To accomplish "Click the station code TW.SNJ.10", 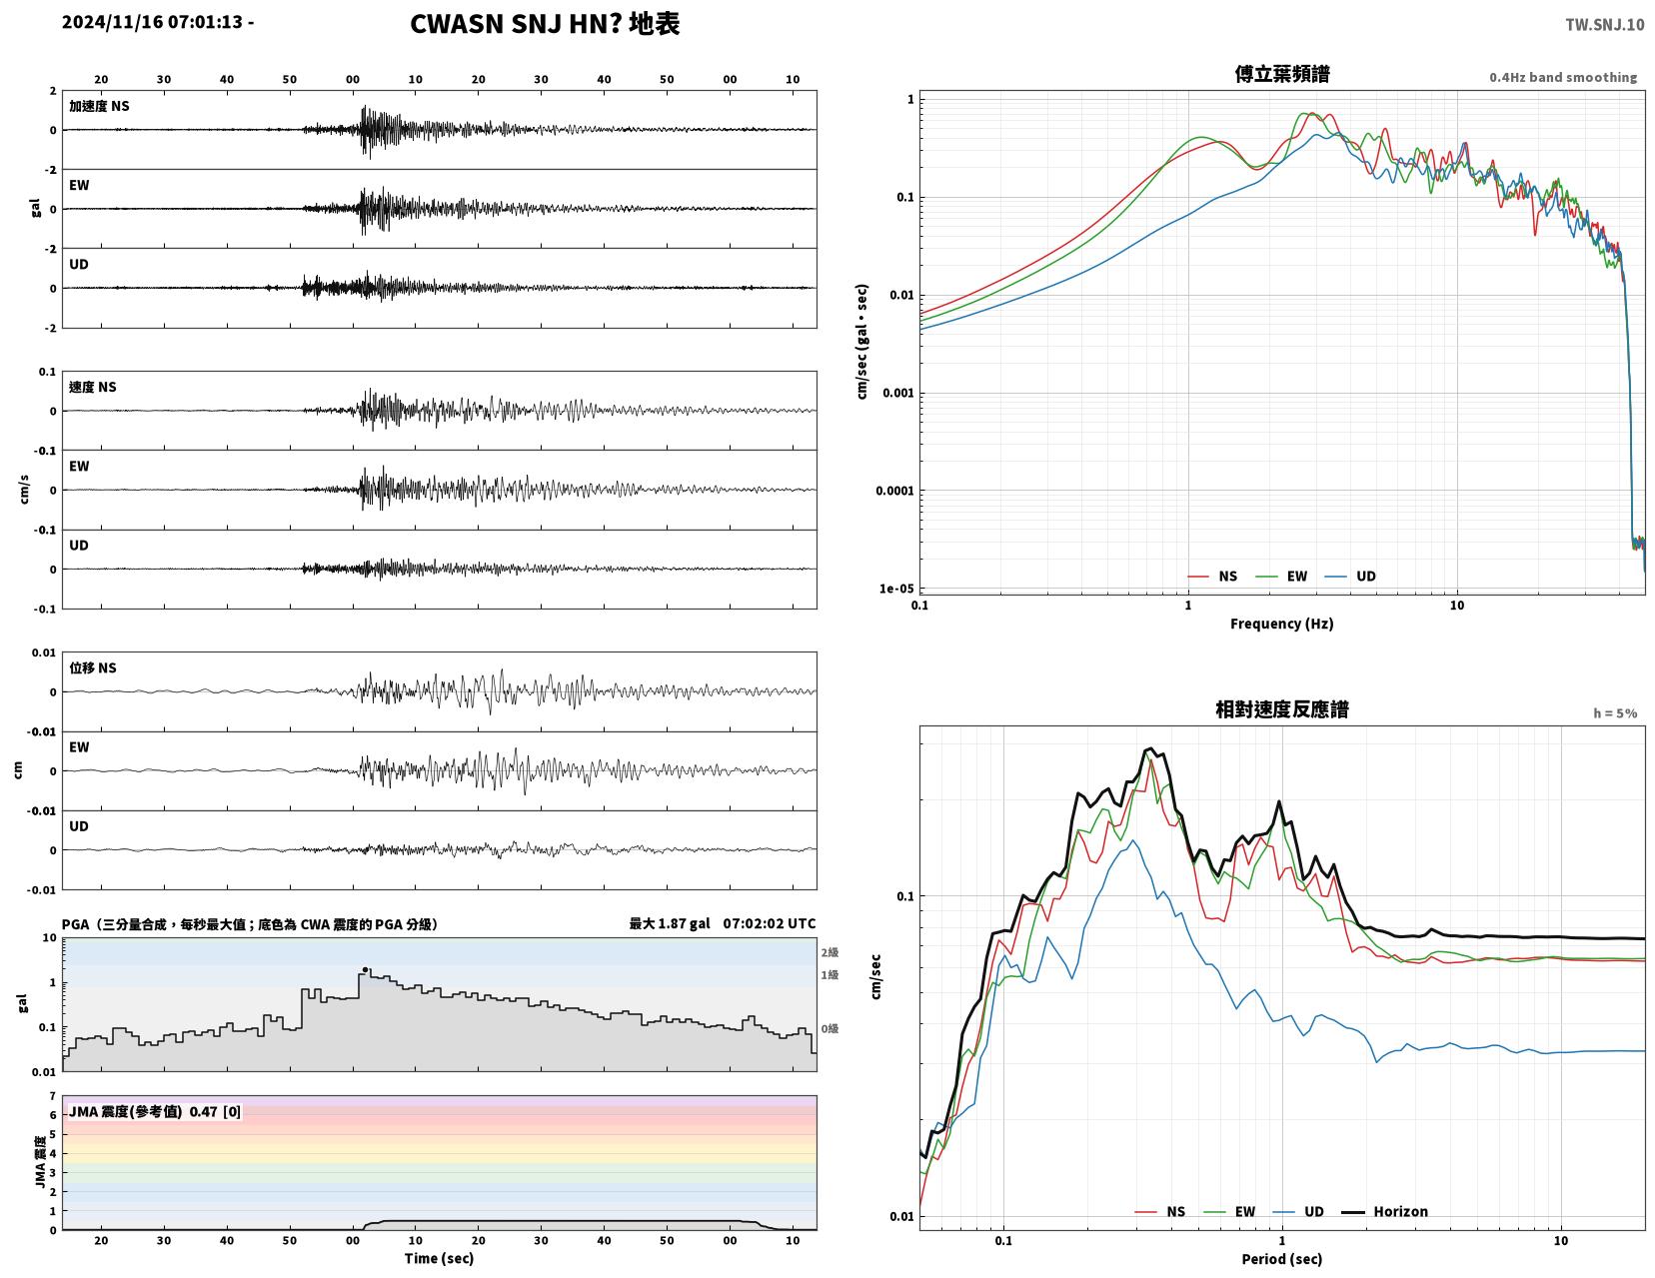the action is pyautogui.click(x=1604, y=24).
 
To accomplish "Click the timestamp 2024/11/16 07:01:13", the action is pyautogui.click(x=152, y=22).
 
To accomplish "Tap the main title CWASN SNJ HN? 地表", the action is pyautogui.click(x=545, y=24).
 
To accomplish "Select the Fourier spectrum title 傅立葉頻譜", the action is pyautogui.click(x=1282, y=74).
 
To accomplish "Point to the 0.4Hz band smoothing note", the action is pyautogui.click(x=1563, y=77).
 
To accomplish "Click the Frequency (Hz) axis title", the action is pyautogui.click(x=1282, y=624).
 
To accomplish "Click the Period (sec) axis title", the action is pyautogui.click(x=1282, y=1259).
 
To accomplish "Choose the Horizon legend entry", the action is pyautogui.click(x=1384, y=1211).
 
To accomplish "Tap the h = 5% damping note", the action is pyautogui.click(x=1615, y=713).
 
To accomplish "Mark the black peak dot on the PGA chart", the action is pyautogui.click(x=365, y=969).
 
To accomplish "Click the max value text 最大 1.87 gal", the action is pyautogui.click(x=670, y=923).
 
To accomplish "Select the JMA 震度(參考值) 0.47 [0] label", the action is pyautogui.click(x=155, y=1111).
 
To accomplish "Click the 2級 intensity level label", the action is pyautogui.click(x=829, y=952).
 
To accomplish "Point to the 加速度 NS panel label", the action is pyautogui.click(x=99, y=106).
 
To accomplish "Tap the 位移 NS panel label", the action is pyautogui.click(x=93, y=667).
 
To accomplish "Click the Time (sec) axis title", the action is pyautogui.click(x=439, y=1258).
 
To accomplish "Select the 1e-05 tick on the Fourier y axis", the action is pyautogui.click(x=896, y=589).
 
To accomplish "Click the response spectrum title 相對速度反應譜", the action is pyautogui.click(x=1282, y=709).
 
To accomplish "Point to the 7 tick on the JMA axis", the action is pyautogui.click(x=53, y=1096).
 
